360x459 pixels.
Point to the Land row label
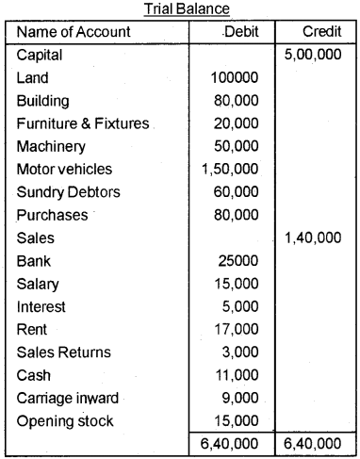[33, 78]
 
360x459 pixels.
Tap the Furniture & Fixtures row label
[83, 123]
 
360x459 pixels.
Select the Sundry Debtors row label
[67, 192]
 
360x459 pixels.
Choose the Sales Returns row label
[63, 352]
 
